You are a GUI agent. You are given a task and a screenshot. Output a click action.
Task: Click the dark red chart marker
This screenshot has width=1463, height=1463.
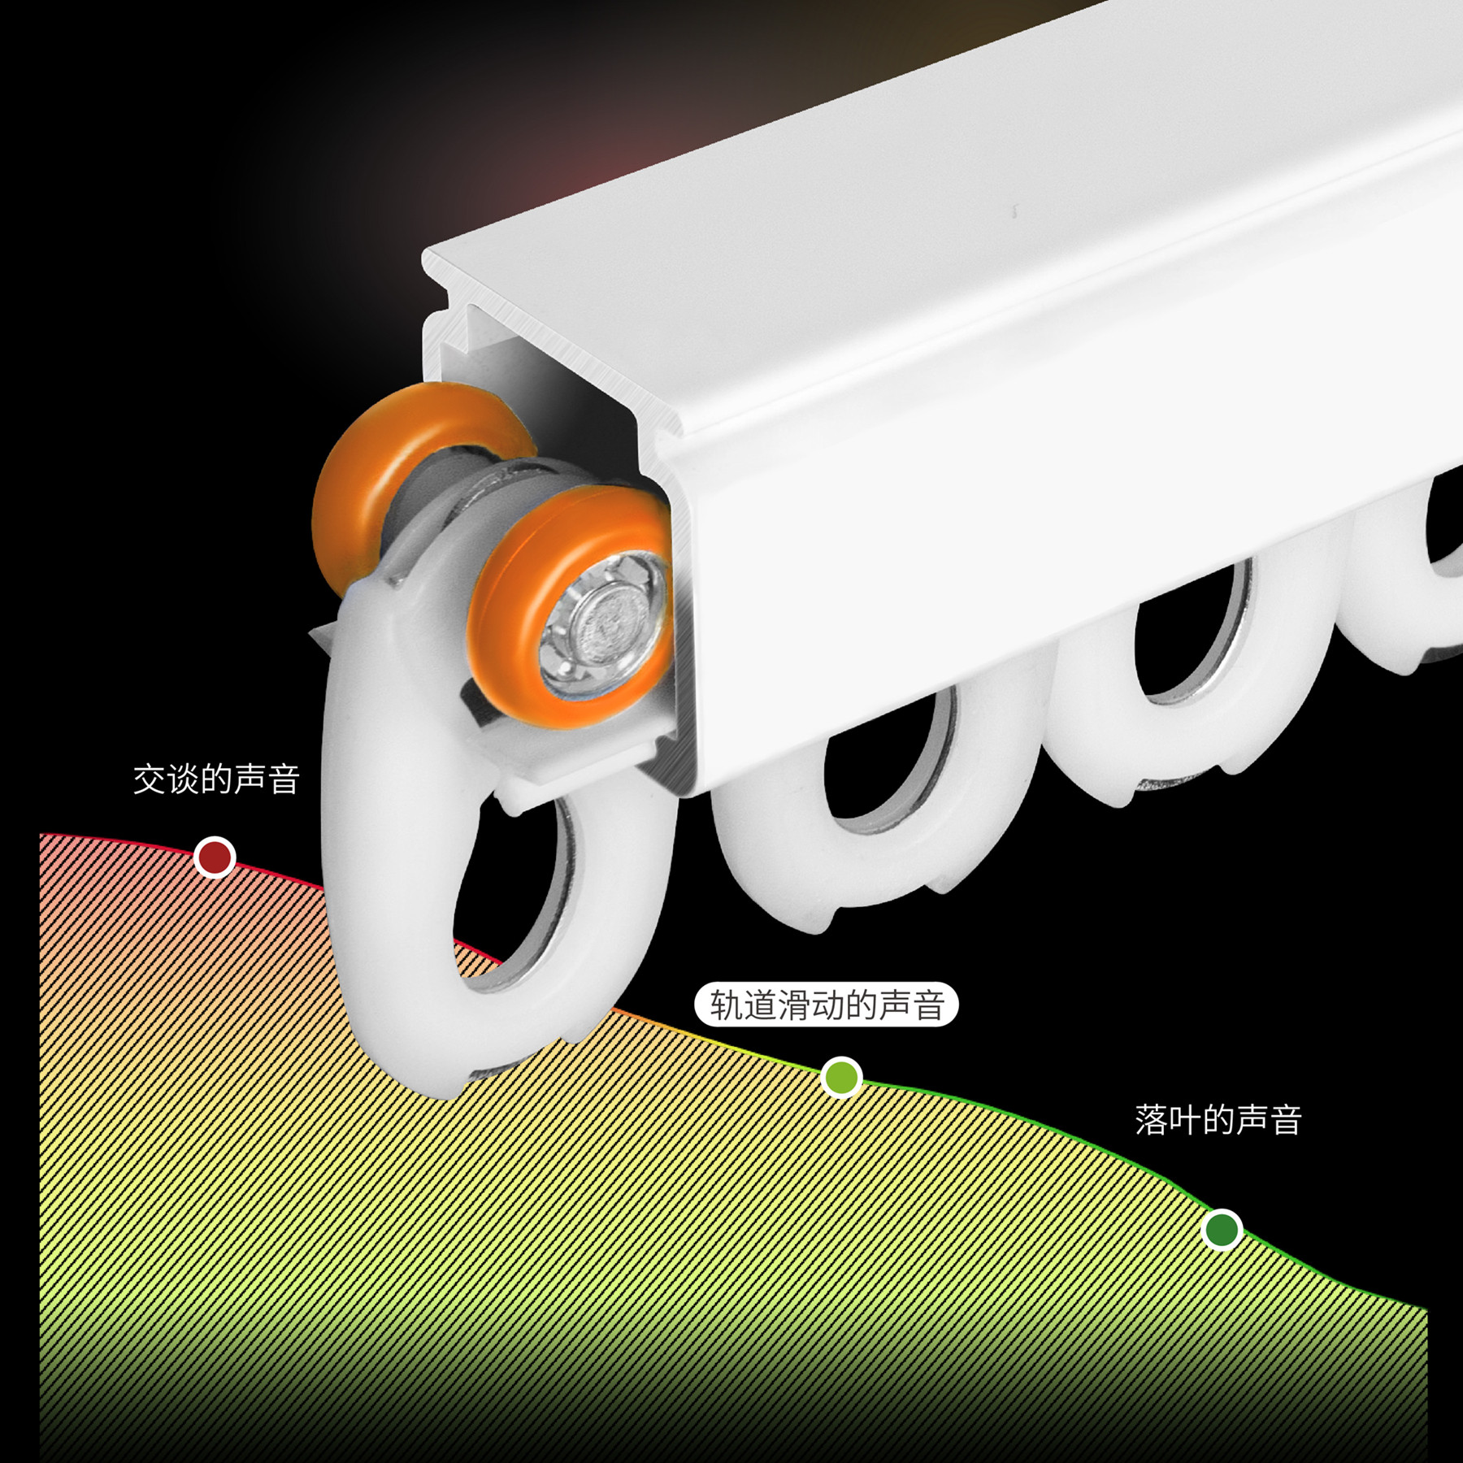(x=215, y=857)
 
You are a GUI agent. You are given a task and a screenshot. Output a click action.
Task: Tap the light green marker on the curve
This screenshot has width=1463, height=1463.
(x=841, y=1077)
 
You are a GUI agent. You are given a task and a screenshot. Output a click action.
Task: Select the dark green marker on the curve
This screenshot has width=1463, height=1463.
(x=1221, y=1229)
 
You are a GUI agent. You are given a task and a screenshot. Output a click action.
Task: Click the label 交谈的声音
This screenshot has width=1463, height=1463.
(x=216, y=779)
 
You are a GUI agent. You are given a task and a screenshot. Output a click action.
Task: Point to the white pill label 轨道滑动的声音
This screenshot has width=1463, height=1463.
(x=826, y=1005)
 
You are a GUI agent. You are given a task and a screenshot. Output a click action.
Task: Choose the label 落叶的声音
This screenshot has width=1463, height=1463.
(x=1218, y=1119)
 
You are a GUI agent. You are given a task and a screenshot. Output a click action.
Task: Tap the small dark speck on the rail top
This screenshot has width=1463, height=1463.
(x=1014, y=211)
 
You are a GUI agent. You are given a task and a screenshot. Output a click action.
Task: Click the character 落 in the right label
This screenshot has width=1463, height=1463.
(x=1151, y=1119)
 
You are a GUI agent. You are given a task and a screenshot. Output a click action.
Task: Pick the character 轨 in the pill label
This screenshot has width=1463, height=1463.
(x=726, y=1005)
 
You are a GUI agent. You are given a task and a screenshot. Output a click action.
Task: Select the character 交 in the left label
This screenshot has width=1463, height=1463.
(x=150, y=779)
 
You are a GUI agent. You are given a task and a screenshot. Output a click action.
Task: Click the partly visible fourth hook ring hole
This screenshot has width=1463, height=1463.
(x=1445, y=520)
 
